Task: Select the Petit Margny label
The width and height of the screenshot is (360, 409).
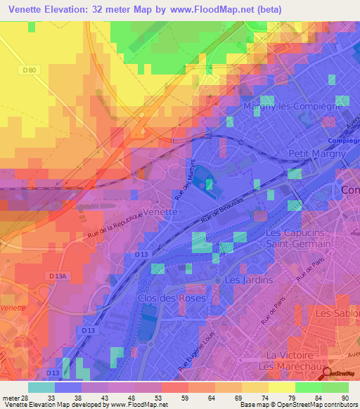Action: pos(317,153)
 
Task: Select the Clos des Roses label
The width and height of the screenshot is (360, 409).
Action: pos(172,298)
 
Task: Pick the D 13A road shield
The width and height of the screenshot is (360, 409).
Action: pos(58,275)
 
